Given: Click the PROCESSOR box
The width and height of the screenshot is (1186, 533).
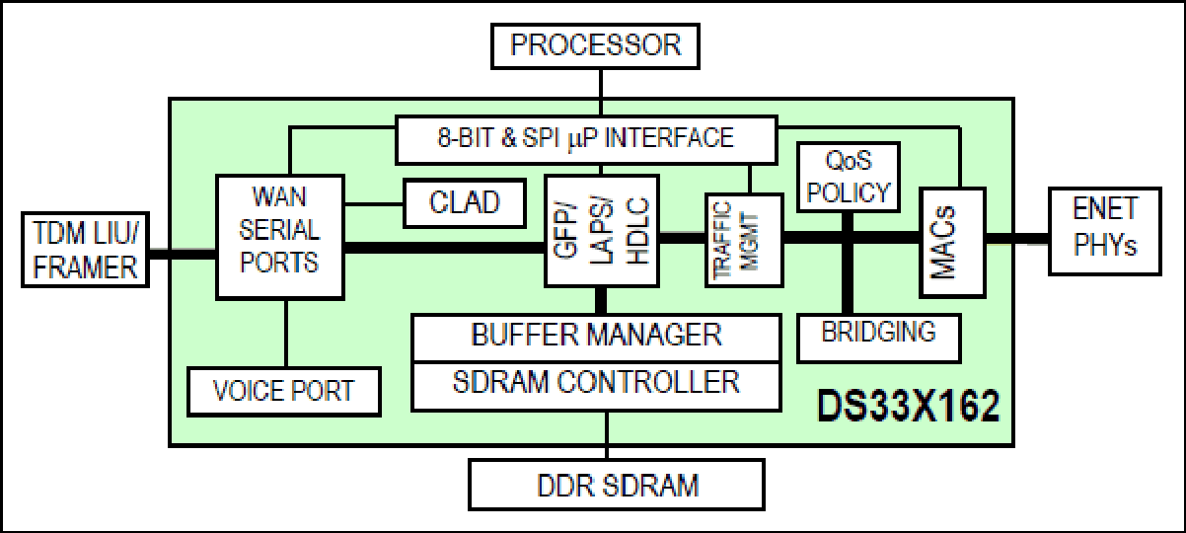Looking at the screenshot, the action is point(595,46).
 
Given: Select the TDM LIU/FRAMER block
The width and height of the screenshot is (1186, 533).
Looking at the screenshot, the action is point(85,250).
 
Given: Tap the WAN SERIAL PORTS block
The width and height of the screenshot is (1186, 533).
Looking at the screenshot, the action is point(280,237).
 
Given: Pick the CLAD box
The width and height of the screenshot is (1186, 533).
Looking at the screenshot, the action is point(465,203).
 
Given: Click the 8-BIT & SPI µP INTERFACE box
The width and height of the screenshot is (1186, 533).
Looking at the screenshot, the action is point(586,140).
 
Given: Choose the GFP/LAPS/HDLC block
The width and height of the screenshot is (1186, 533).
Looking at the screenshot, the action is point(602,230).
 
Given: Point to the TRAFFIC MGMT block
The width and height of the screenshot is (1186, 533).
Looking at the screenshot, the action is point(744,240).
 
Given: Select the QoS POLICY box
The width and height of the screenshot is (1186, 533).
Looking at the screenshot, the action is point(849,177).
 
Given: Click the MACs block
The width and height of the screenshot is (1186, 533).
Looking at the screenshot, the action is point(952,242).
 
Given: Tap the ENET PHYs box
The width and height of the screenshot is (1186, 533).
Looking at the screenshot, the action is point(1105,231).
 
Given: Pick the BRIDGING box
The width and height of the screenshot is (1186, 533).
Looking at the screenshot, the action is point(878,338).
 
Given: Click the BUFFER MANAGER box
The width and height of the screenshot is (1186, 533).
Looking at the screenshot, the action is point(596,337).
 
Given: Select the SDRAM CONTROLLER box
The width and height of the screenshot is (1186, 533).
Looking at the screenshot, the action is point(596,386).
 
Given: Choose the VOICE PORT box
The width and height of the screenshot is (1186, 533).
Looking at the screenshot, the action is point(284,392).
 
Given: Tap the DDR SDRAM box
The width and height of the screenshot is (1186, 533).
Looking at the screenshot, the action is point(617,485).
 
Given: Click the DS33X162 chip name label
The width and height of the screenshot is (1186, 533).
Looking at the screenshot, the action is point(908,407).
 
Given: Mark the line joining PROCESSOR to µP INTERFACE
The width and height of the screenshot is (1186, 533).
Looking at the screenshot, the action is point(601,92).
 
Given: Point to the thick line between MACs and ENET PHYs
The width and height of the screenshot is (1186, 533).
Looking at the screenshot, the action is point(1017,239).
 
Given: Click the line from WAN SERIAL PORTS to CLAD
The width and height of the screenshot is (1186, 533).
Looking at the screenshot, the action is point(374,204).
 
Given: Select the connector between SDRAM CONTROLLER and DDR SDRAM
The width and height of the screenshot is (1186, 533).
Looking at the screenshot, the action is point(607,435).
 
